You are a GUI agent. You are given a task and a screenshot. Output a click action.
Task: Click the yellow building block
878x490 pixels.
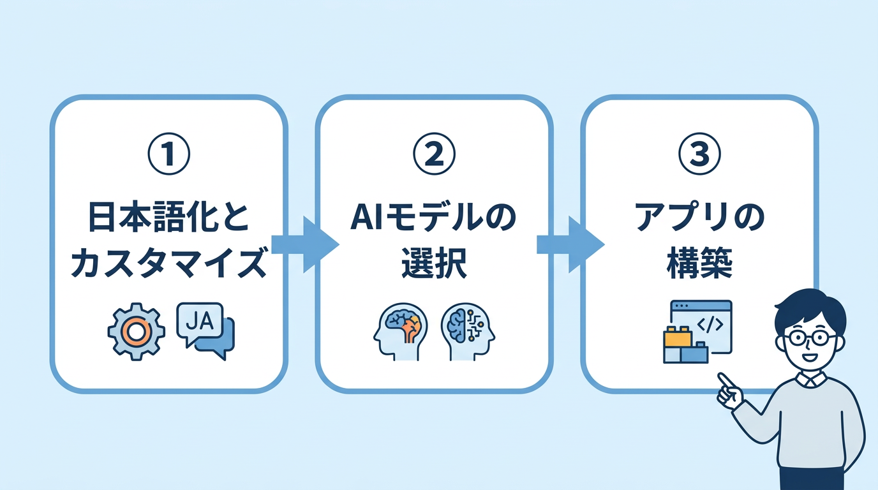(x=678, y=336)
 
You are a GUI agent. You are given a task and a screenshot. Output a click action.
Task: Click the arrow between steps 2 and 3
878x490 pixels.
(x=570, y=244)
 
